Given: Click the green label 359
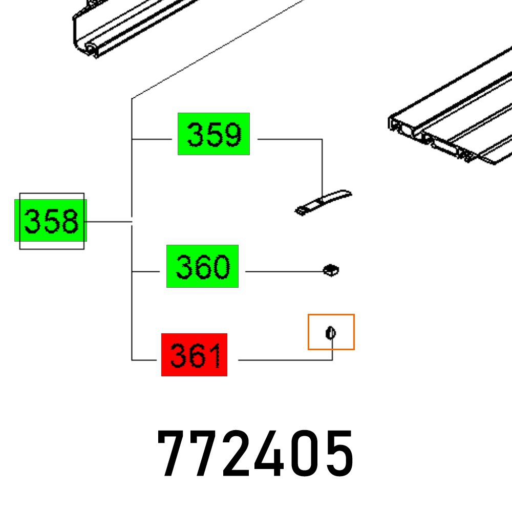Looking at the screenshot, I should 214,134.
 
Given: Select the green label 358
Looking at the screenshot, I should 51,221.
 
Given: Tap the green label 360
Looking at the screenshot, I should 202,266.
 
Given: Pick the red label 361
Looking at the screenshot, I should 194,355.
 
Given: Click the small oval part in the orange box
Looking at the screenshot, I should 331,333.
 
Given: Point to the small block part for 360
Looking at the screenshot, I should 331,270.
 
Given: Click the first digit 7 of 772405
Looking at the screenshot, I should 174,454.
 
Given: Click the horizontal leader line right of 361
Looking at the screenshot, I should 282,360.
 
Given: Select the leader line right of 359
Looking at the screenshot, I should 289,139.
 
